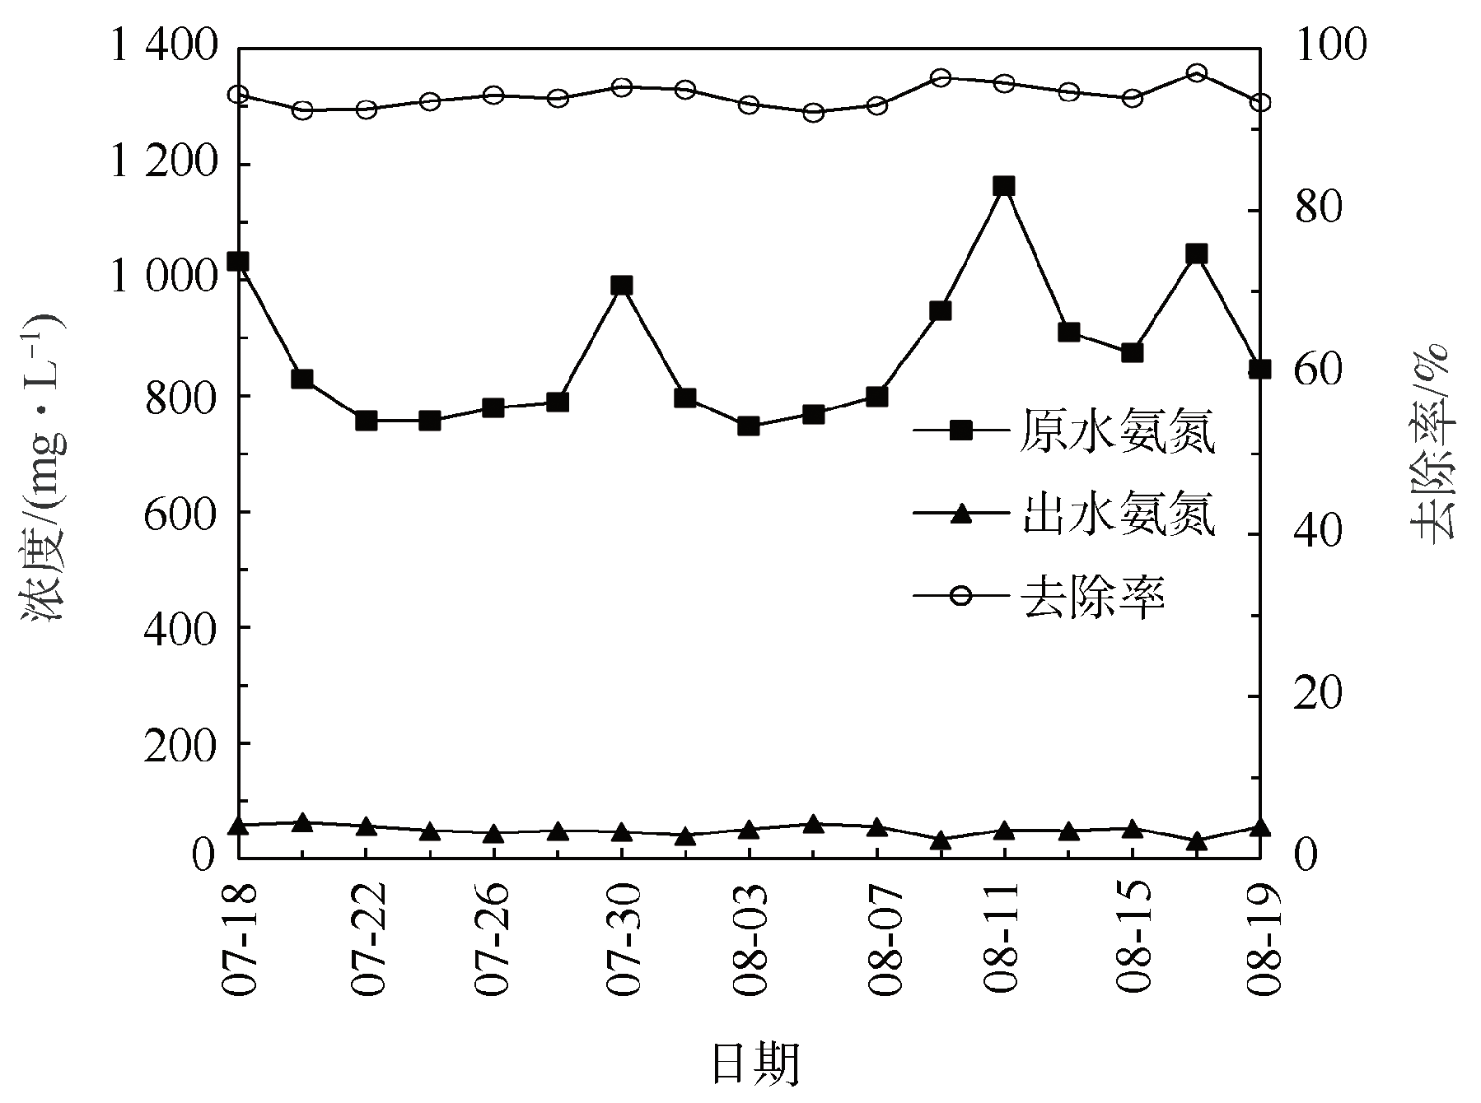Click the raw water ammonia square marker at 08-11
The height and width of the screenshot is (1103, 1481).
point(1003,186)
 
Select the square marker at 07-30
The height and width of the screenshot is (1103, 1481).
point(622,286)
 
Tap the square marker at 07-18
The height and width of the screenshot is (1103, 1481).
point(238,262)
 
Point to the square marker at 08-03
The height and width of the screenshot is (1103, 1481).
point(749,426)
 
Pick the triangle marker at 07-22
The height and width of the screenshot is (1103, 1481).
point(367,826)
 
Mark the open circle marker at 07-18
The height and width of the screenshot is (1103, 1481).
point(238,95)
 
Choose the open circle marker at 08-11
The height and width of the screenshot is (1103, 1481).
point(1003,83)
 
